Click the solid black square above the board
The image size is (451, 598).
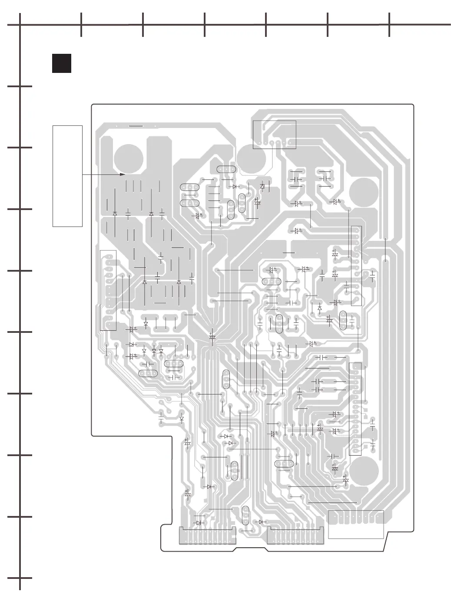click(x=61, y=63)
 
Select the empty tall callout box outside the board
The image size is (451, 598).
click(x=67, y=176)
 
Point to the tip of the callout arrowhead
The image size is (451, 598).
click(x=125, y=174)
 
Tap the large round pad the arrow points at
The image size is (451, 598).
click(x=128, y=158)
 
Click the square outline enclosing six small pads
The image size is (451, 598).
click(x=274, y=135)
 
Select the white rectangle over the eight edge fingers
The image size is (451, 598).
click(x=356, y=524)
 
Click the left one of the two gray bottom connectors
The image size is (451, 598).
click(x=208, y=536)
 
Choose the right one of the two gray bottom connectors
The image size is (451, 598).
click(x=295, y=536)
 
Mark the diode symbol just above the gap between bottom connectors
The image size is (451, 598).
click(x=261, y=522)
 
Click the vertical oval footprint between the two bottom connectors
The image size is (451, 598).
click(x=245, y=515)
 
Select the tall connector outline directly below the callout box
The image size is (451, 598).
click(x=108, y=290)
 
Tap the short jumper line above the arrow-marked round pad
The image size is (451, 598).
click(x=136, y=126)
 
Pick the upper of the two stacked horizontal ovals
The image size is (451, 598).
click(x=189, y=187)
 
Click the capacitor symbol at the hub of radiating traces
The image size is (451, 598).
click(x=212, y=337)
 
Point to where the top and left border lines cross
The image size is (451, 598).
click(x=20, y=25)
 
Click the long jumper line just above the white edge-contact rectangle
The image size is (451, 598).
click(x=332, y=503)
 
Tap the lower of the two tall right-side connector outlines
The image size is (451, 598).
click(x=355, y=409)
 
